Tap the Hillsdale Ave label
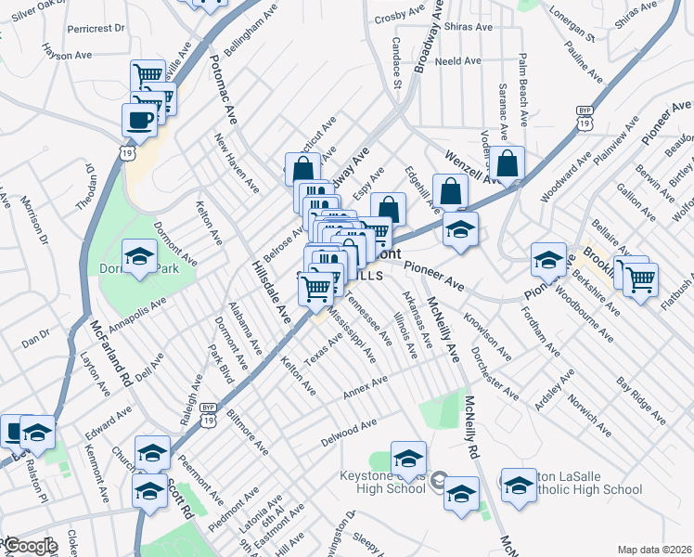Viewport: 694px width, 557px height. coord(269,291)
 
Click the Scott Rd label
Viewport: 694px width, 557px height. coord(181,499)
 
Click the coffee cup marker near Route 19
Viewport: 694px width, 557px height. coord(139,119)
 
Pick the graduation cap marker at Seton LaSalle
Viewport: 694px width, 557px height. coord(519,484)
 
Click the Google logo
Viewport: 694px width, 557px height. coord(31,546)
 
